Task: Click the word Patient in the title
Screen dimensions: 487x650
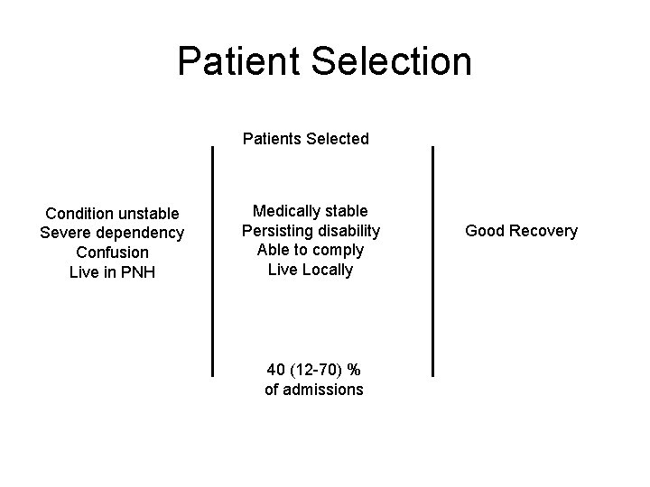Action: click(238, 61)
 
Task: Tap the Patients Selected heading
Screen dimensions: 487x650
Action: click(306, 139)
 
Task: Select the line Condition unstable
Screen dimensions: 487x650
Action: click(112, 214)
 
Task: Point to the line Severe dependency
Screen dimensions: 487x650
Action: click(112, 233)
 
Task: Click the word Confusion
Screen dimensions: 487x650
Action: click(112, 252)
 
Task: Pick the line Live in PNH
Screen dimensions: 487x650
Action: click(112, 271)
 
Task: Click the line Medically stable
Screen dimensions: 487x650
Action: click(311, 211)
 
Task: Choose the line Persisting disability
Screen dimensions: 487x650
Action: click(311, 231)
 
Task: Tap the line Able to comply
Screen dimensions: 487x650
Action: click(311, 250)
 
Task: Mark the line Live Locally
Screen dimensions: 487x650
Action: click(311, 269)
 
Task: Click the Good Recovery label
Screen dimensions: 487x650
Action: click(521, 231)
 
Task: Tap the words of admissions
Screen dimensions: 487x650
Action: click(313, 390)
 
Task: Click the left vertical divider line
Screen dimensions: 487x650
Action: click(212, 262)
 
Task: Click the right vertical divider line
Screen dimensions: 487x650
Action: click(433, 262)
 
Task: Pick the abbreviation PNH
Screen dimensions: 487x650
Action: click(136, 271)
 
